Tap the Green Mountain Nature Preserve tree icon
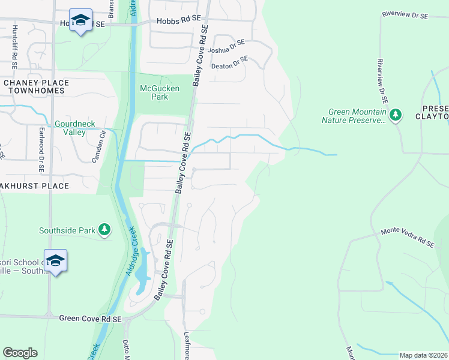tap(395, 114)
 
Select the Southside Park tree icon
tap(104, 230)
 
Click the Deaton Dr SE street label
tap(230, 63)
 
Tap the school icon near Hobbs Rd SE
tap(80, 21)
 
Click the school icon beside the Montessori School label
tap(55, 260)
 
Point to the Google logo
tap(20, 353)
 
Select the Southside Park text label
tap(68, 230)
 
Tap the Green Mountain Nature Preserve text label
tap(357, 116)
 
